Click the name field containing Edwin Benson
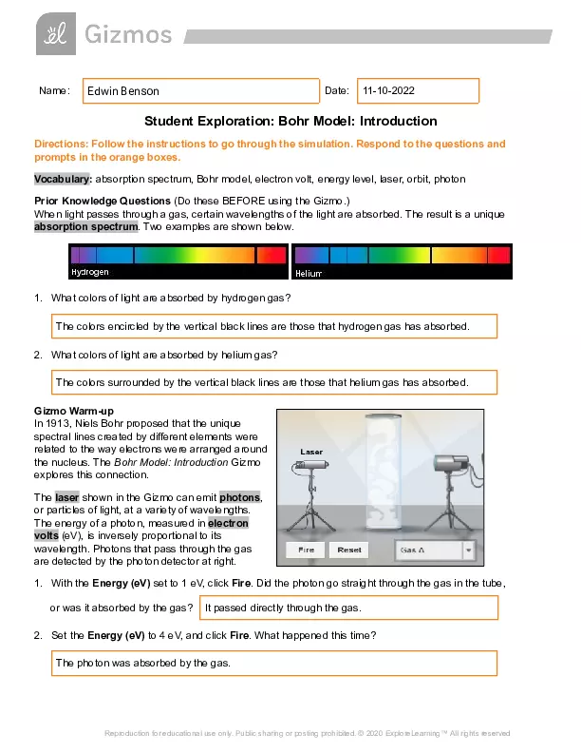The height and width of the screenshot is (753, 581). point(201,91)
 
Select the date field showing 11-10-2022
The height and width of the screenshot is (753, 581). point(418,91)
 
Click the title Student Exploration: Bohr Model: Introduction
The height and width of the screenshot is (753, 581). point(290,122)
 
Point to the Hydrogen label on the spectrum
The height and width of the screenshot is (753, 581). point(90,272)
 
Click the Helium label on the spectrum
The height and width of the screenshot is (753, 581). point(309,273)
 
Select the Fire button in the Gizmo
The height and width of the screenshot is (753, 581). point(306,550)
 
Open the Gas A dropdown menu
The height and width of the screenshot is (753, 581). point(435,550)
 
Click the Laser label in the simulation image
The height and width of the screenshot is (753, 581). point(312,451)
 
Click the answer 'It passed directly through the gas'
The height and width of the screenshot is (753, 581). point(348,608)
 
